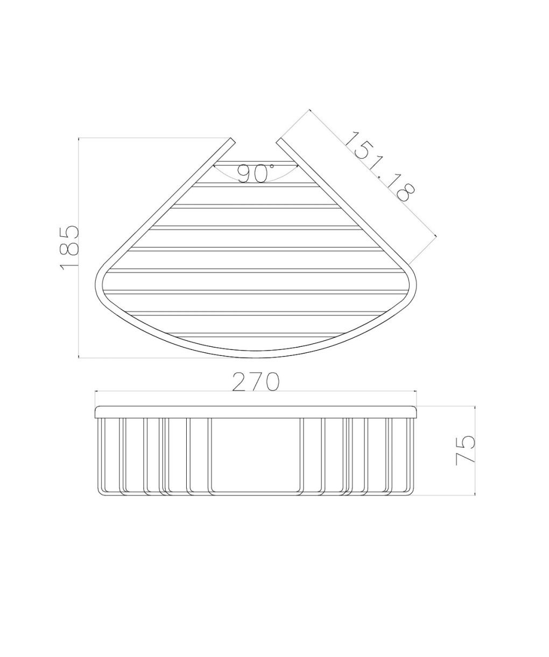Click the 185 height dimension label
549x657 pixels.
pos(69,248)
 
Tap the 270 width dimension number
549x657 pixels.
pos(255,382)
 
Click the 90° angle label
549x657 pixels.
pos(255,174)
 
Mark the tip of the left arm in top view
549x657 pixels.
pos(233,141)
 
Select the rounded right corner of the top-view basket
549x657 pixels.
pos(412,283)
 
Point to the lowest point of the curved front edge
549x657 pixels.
pos(256,358)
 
